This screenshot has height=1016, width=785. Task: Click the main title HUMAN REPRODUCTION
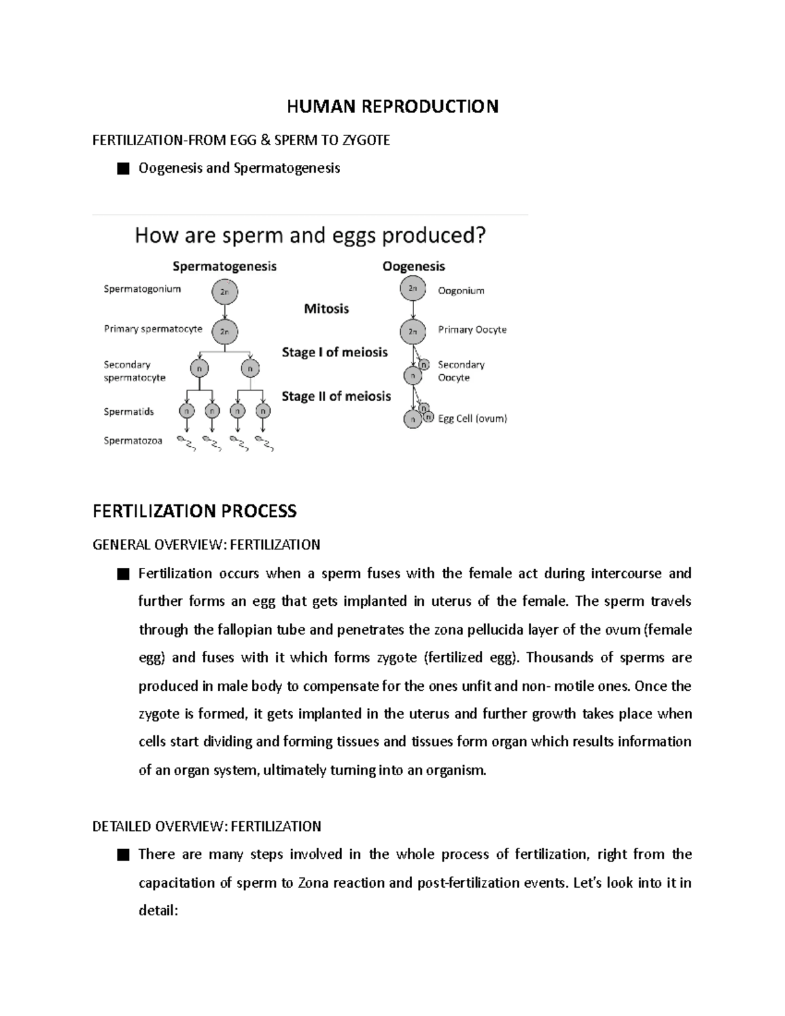(392, 107)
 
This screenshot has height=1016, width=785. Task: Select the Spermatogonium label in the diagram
(142, 289)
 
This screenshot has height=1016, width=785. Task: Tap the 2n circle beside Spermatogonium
(224, 292)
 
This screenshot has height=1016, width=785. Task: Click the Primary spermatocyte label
(153, 329)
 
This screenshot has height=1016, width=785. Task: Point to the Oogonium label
(461, 290)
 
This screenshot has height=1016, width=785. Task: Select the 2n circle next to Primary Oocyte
(413, 332)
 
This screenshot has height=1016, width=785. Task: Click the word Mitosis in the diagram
(326, 309)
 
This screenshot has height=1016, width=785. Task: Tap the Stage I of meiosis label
(334, 352)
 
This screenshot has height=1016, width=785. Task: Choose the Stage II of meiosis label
(336, 396)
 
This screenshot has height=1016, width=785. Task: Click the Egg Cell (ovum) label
(472, 419)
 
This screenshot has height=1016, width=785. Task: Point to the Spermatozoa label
(133, 441)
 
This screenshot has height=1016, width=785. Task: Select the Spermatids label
(129, 412)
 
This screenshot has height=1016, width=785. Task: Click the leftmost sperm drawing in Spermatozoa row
(186, 444)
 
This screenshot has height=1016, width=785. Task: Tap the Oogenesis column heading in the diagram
(413, 266)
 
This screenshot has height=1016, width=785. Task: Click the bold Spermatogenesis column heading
(224, 266)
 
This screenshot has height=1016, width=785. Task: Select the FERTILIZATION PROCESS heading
(194, 511)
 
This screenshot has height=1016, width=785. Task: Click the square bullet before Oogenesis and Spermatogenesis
(122, 169)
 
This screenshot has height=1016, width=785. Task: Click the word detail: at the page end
(158, 910)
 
